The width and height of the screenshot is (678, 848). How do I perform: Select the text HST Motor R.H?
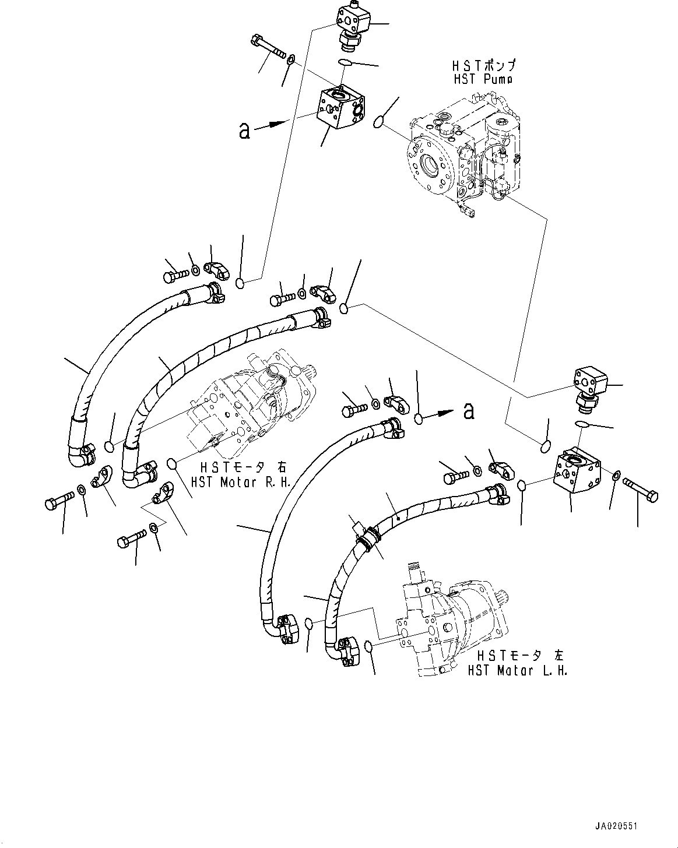[x=240, y=483]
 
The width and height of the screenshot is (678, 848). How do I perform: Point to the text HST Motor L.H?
[x=517, y=671]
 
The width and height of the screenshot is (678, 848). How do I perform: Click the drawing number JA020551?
[x=617, y=826]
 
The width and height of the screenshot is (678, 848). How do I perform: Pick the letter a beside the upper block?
[x=244, y=131]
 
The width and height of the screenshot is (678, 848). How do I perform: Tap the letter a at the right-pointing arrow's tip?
[x=468, y=412]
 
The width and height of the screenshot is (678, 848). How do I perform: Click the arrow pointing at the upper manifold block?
[x=275, y=124]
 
